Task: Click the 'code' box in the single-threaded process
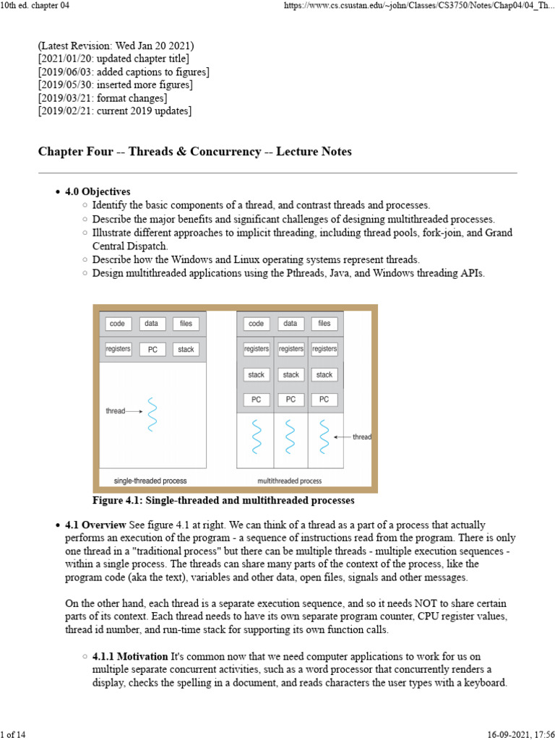pyautogui.click(x=117, y=324)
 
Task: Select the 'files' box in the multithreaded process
pyautogui.click(x=324, y=324)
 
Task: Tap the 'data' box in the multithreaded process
pyautogui.click(x=290, y=324)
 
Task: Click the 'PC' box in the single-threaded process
pyautogui.click(x=152, y=350)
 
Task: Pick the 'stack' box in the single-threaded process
pyautogui.click(x=186, y=350)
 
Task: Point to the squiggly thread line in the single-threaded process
pyautogui.click(x=152, y=414)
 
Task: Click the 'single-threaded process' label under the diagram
pyautogui.click(x=150, y=481)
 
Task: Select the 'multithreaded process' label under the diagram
pyautogui.click(x=290, y=481)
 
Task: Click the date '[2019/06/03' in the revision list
pyautogui.click(x=65, y=72)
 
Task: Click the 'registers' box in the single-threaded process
pyautogui.click(x=118, y=349)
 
